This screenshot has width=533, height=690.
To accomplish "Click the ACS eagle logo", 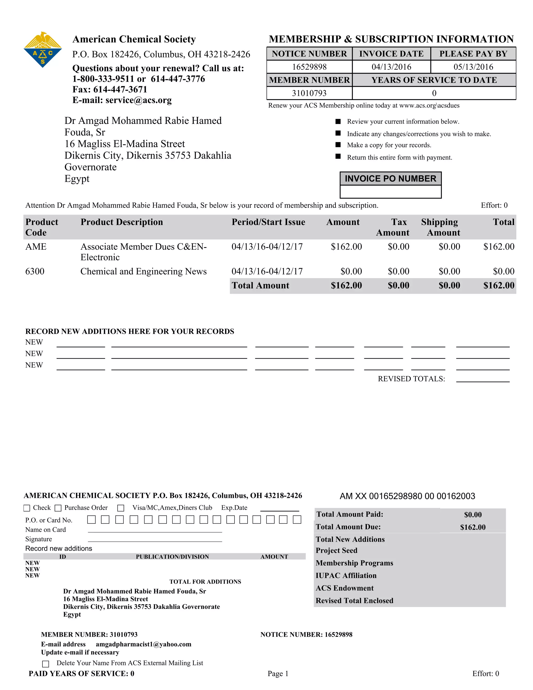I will click(43, 49).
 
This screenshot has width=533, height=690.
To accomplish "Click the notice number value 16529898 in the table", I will click(309, 67).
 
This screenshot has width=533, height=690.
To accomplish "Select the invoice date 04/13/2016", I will click(391, 67).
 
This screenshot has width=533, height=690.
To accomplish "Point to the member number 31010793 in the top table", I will click(309, 93).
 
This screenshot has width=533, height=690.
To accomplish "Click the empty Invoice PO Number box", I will click(390, 191).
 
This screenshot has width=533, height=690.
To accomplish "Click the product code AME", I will click(36, 247).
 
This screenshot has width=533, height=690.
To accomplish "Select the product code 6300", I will click(35, 271).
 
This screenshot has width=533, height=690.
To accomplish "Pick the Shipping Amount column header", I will click(440, 227).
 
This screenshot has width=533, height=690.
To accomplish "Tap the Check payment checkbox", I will click(27, 508).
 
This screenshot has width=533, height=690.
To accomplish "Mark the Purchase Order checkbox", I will click(58, 508).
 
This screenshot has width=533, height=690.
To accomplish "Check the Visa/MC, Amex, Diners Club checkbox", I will click(120, 508).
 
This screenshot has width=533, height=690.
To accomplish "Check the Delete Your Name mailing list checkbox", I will click(46, 663).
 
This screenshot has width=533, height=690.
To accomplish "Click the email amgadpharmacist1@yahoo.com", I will click(143, 644).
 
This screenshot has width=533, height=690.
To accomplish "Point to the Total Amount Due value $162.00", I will click(472, 527).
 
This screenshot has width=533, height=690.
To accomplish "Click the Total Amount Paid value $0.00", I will click(472, 515).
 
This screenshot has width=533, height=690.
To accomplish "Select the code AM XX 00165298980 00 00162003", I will click(407, 496).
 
